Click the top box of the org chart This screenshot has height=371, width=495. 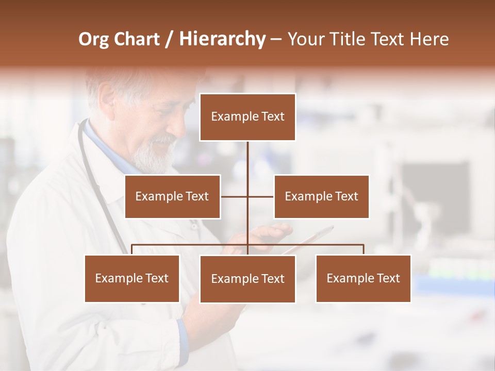point(247,117)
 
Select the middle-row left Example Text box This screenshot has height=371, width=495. point(172,196)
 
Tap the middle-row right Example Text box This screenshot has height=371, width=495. point(321,196)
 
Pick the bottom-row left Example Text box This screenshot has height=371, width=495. point(132,278)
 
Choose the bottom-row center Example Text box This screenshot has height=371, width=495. point(247,279)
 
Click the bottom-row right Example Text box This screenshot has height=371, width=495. point(363,278)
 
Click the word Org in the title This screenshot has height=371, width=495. point(94,39)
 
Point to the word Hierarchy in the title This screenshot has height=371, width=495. point(222,39)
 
